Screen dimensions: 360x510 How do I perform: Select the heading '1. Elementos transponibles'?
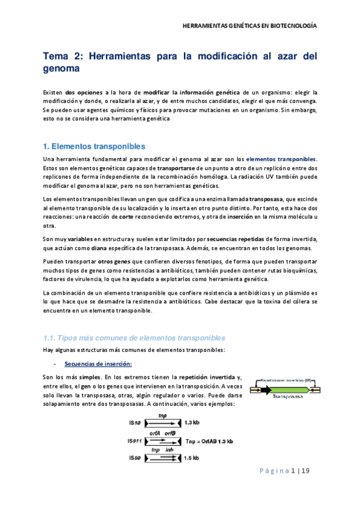pyautogui.click(x=94, y=146)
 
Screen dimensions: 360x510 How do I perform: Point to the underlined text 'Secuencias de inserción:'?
pyautogui.click(x=97, y=364)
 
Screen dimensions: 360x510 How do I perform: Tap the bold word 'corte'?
pyautogui.click(x=143, y=216)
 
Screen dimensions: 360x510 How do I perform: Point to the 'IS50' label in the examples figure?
pyautogui.click(x=135, y=458)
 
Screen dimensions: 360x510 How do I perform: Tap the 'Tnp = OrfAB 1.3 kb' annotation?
pyautogui.click(x=210, y=440)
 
